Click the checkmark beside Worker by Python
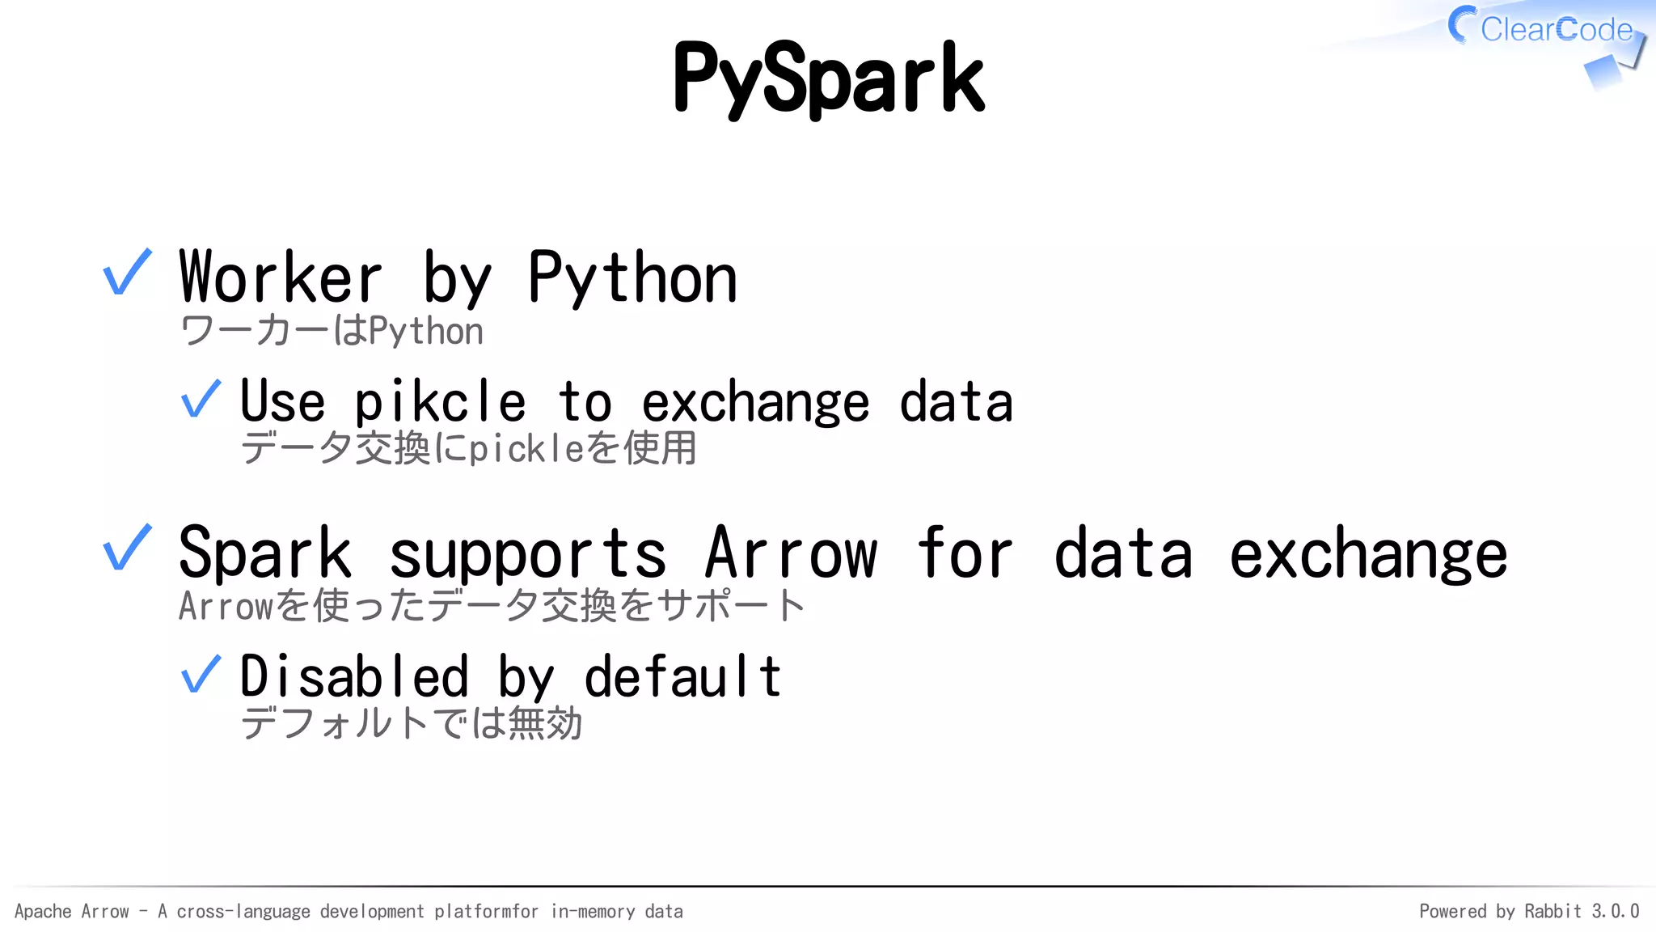pos(128,273)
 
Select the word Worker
pos(280,277)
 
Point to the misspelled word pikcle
pos(440,401)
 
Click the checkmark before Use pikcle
pos(201,399)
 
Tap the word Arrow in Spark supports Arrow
pos(790,553)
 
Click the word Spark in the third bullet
pos(265,553)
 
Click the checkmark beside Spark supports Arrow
pos(128,548)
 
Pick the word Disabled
pos(354,676)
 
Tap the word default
pos(682,676)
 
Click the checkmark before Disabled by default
pos(201,674)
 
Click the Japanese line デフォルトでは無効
pos(411,722)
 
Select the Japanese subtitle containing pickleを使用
pos(468,447)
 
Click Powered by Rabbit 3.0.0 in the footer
pos(1528,911)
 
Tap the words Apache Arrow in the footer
pos(72,911)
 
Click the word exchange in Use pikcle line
pos(755,403)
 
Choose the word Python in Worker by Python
pos(632,277)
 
